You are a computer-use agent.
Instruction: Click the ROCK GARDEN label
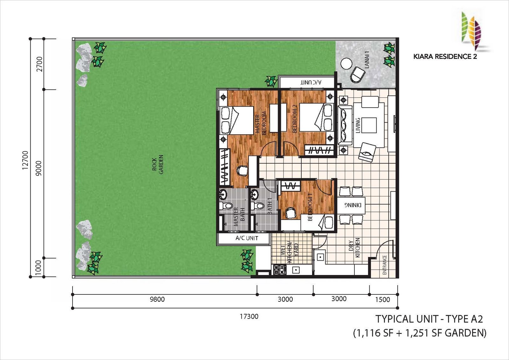coord(158,165)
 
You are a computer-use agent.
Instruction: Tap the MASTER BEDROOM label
coord(261,123)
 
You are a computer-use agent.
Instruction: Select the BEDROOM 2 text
coord(295,118)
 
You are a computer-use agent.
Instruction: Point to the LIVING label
coord(358,125)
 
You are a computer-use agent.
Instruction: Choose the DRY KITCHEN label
coord(354,248)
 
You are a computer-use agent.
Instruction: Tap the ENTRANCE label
coord(385,265)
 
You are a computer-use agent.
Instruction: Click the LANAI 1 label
coord(366,60)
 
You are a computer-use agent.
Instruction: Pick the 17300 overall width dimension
coord(249,316)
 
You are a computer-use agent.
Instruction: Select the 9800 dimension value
coord(157,299)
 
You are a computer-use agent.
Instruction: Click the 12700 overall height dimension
coord(25,160)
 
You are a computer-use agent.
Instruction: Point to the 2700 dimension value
coord(39,64)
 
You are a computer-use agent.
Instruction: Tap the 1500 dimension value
coord(382,300)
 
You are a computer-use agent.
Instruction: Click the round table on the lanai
coord(346,64)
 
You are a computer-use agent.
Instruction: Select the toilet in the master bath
coord(226,206)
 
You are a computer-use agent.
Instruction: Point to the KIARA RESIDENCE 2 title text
coord(445,56)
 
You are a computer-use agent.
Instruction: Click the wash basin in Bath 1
coord(254,194)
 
